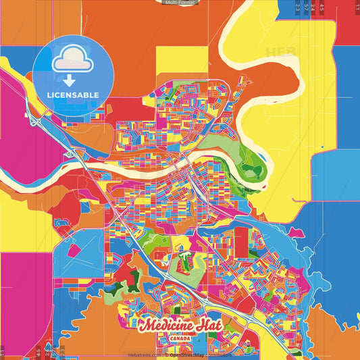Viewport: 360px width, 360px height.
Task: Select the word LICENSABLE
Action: tap(72, 95)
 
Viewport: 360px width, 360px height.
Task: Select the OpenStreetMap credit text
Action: tap(187, 355)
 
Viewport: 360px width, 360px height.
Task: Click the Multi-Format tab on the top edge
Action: tap(180, 3)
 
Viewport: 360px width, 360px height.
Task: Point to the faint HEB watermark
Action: tap(280, 52)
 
